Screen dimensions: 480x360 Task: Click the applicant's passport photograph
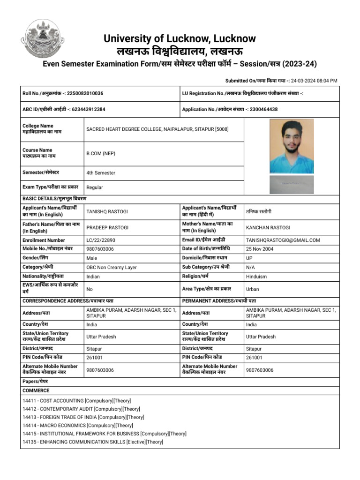pos(292,146)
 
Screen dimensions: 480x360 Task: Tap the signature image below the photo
pos(292,184)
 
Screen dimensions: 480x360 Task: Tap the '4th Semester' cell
pos(101,173)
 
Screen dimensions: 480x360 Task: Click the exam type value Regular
pos(95,187)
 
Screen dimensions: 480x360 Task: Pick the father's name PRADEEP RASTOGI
pos(107,228)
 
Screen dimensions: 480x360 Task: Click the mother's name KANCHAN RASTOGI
pos(268,228)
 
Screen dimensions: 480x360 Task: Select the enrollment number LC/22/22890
pos(101,240)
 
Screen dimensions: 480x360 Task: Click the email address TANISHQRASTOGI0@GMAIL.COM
pos(283,240)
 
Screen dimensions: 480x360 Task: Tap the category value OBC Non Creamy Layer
pos(112,268)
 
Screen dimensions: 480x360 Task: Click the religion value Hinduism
pos(257,277)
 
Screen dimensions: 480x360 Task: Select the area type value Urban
pos(252,289)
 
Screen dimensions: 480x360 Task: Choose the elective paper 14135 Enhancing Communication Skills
pos(93,442)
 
